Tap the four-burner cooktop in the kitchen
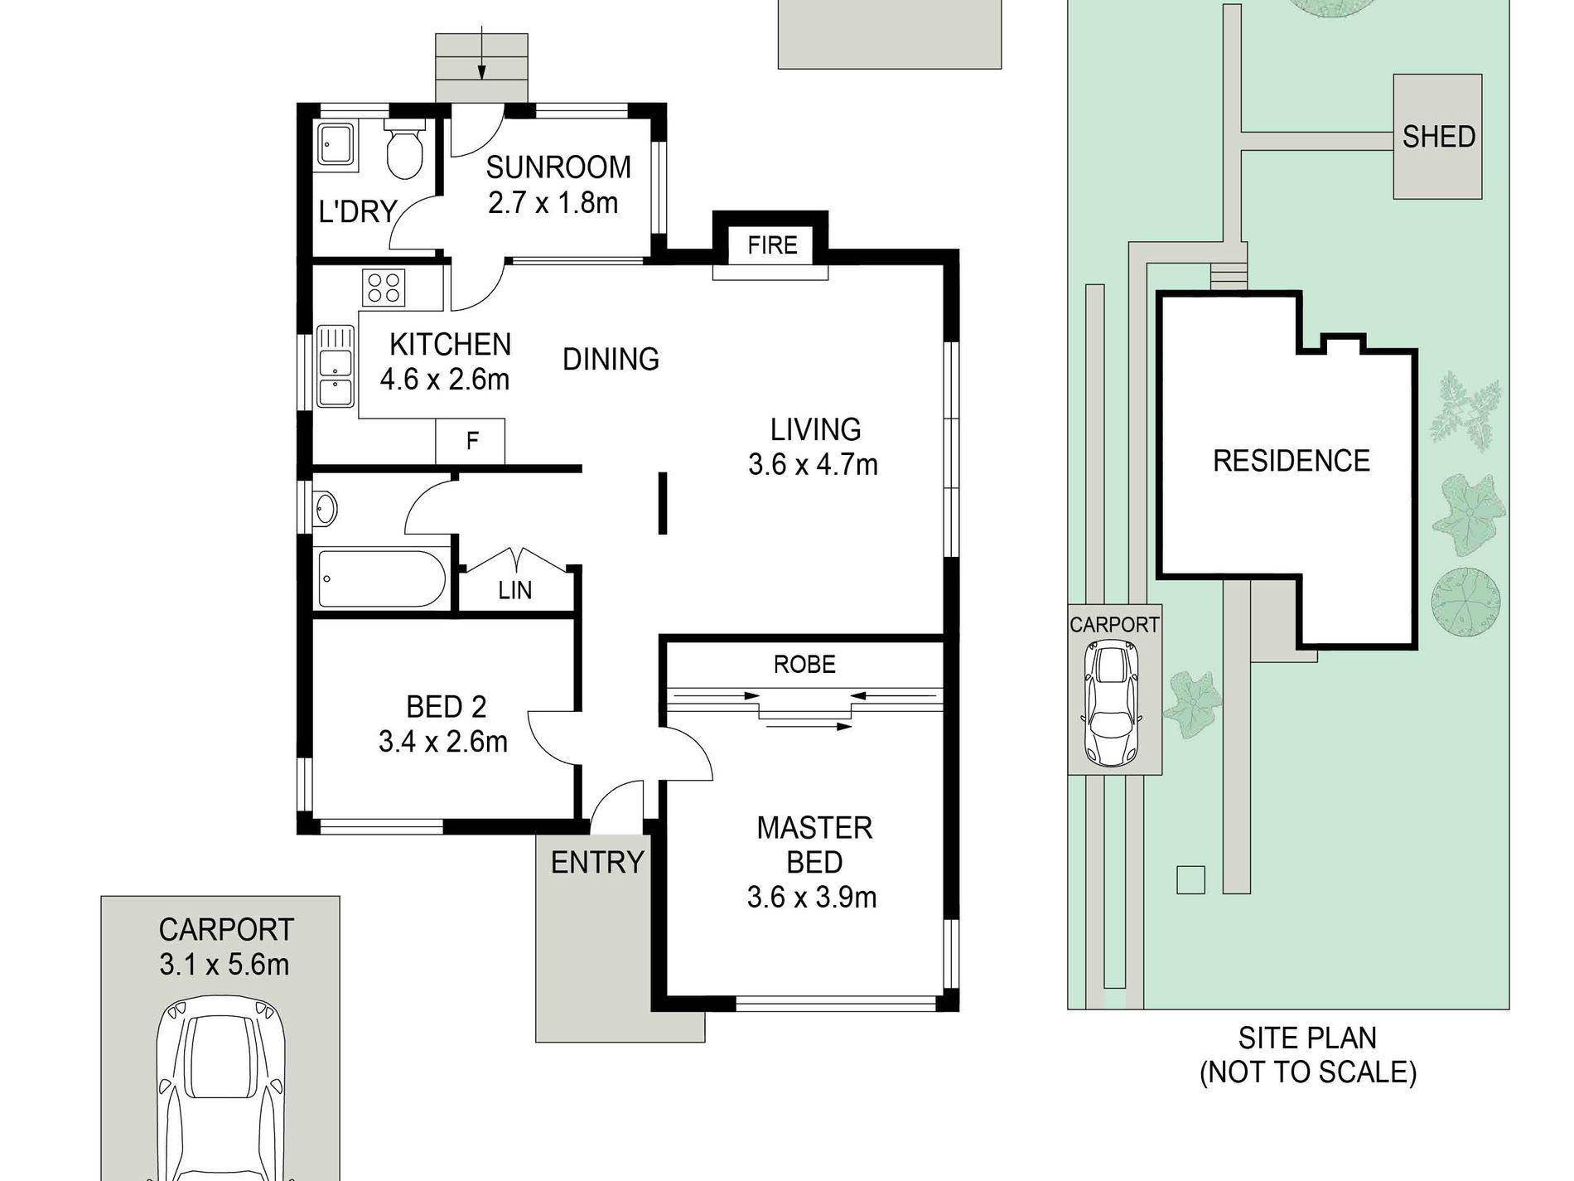coord(382,288)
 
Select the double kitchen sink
coord(336,368)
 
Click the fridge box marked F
coord(471,441)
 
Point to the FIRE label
coord(772,245)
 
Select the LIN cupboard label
coord(514,590)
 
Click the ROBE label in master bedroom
coord(804,664)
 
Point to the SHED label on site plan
coord(1439,137)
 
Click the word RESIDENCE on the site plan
coord(1292,461)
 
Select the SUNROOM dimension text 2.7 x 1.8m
coord(553,203)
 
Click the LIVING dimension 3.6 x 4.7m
coord(813,465)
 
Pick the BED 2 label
coord(446,707)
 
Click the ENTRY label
coord(597,863)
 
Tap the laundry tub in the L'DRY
coord(337,146)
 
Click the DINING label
coord(611,359)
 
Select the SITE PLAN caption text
coord(1308,1055)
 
